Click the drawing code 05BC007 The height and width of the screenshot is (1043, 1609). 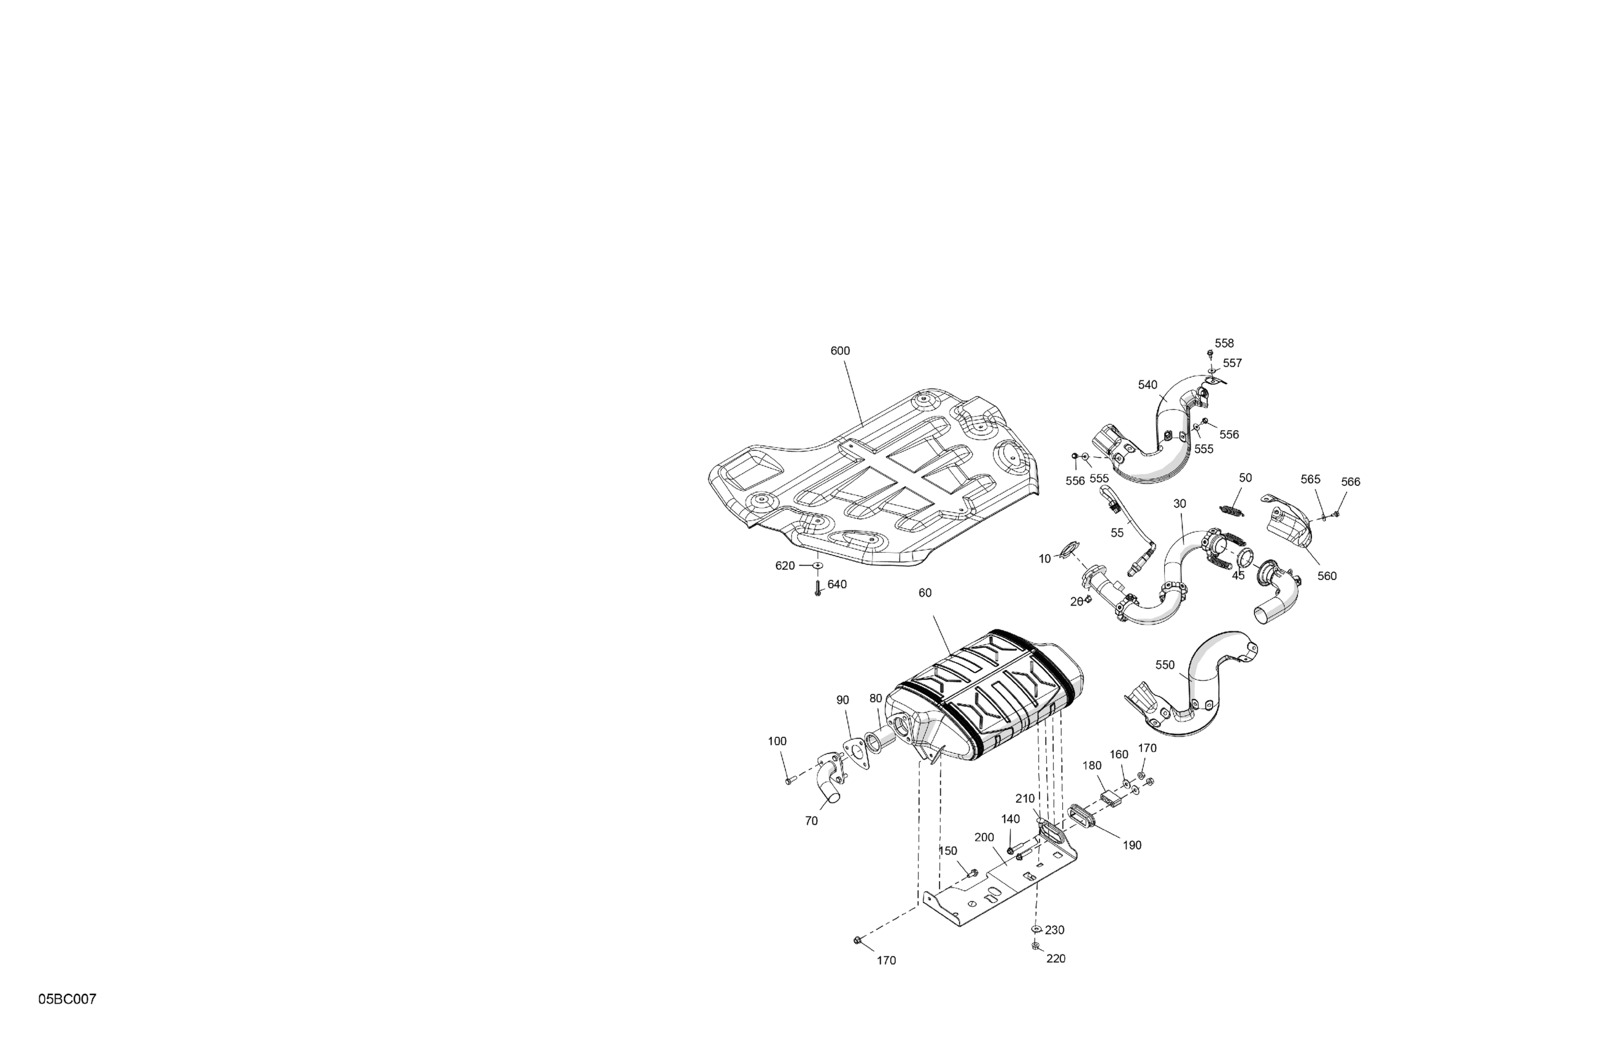[67, 999]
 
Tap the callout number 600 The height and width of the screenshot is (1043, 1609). [839, 351]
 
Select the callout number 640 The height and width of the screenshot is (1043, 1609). [837, 584]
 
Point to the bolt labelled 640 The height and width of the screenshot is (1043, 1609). [817, 588]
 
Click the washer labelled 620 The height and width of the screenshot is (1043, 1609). [818, 564]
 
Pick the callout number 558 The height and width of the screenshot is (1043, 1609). [1224, 344]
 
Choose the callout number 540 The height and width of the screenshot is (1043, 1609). [1148, 385]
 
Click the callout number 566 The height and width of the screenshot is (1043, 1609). [1351, 482]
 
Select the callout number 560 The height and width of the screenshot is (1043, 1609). [1327, 576]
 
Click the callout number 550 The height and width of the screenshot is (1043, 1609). [1165, 665]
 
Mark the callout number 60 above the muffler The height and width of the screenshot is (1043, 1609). [925, 593]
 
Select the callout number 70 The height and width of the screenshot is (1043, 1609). [811, 821]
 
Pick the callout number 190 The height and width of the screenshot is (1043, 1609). [1132, 845]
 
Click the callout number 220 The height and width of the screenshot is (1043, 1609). [1055, 958]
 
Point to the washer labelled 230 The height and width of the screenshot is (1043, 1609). [1036, 929]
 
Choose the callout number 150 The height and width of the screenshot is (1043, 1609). [948, 850]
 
